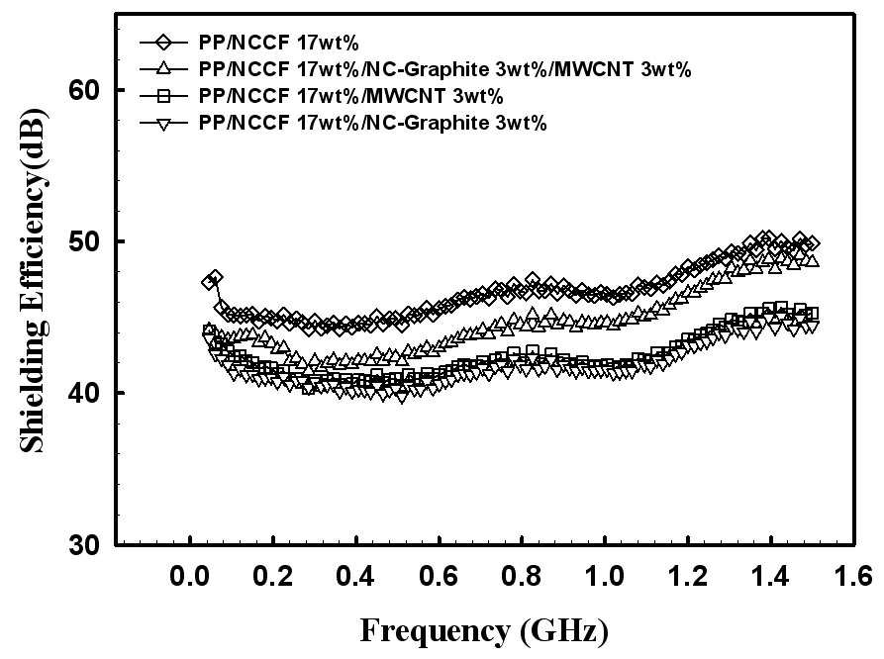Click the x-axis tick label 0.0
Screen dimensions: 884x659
point(190,577)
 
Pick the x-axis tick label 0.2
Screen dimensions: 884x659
point(273,577)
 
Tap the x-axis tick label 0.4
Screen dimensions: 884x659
point(355,577)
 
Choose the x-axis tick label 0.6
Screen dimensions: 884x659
point(439,577)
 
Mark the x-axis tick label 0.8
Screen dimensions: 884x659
point(522,577)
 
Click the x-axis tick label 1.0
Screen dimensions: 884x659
point(605,577)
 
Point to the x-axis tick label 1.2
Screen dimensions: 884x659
point(687,577)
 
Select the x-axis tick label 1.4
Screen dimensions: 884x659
point(770,577)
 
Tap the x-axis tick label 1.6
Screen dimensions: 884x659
point(853,577)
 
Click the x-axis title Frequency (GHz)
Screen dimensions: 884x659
point(484,631)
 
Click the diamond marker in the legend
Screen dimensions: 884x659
point(163,43)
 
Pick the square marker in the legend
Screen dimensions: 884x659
point(163,96)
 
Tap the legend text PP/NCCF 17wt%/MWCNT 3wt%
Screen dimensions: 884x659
point(350,96)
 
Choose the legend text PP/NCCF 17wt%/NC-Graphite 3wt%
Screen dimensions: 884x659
point(372,123)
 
